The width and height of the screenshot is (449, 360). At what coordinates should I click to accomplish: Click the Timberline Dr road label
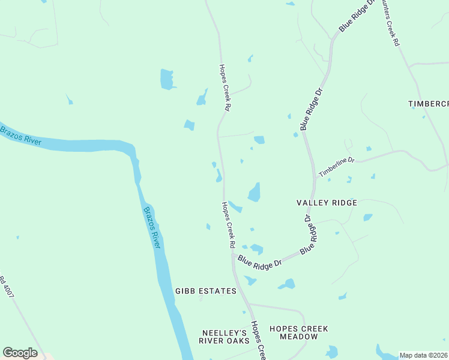(337, 167)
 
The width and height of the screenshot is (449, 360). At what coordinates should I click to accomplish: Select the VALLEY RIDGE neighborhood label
(327, 203)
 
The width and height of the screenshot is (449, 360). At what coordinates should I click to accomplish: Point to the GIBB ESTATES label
(206, 291)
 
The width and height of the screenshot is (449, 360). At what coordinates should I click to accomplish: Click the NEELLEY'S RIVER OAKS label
(224, 337)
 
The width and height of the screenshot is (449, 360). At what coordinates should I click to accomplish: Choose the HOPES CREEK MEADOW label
(299, 332)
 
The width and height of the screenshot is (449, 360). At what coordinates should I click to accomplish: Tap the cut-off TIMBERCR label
(428, 104)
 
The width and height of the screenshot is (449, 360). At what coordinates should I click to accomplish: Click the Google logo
(20, 353)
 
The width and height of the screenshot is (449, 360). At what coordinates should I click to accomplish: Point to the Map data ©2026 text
(423, 355)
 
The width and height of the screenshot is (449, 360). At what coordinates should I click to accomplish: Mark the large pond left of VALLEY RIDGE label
(255, 193)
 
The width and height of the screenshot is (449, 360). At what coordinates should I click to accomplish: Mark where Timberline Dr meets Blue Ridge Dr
(316, 178)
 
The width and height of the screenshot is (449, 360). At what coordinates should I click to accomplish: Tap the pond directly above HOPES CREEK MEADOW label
(287, 284)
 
